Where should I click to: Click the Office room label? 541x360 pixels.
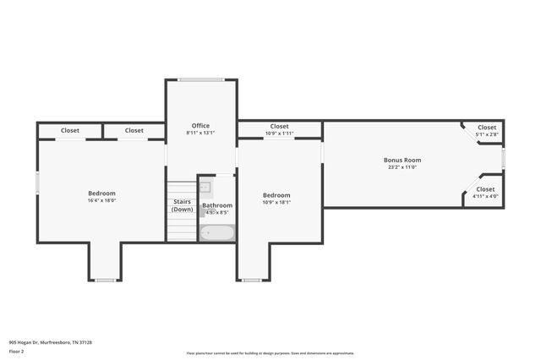200,126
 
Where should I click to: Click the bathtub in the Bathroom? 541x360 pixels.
217,232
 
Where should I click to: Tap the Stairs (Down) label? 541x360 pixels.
183,205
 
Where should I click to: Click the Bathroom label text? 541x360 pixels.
217,205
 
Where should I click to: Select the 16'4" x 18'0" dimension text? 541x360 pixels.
101,201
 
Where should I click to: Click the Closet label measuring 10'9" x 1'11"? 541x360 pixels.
279,127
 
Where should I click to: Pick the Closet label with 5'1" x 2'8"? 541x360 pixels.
487,128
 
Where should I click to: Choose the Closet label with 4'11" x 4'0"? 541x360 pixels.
485,189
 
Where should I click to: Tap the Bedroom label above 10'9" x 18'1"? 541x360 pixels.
276,195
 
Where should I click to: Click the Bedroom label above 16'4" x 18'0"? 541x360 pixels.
101,194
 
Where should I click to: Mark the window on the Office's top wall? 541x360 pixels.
200,80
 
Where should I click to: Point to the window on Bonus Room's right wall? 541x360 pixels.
503,159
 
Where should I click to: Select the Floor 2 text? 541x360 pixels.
17,351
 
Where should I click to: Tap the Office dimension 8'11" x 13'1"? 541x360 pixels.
200,133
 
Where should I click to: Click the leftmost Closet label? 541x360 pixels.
70,130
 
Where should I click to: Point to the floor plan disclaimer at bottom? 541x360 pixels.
270,353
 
